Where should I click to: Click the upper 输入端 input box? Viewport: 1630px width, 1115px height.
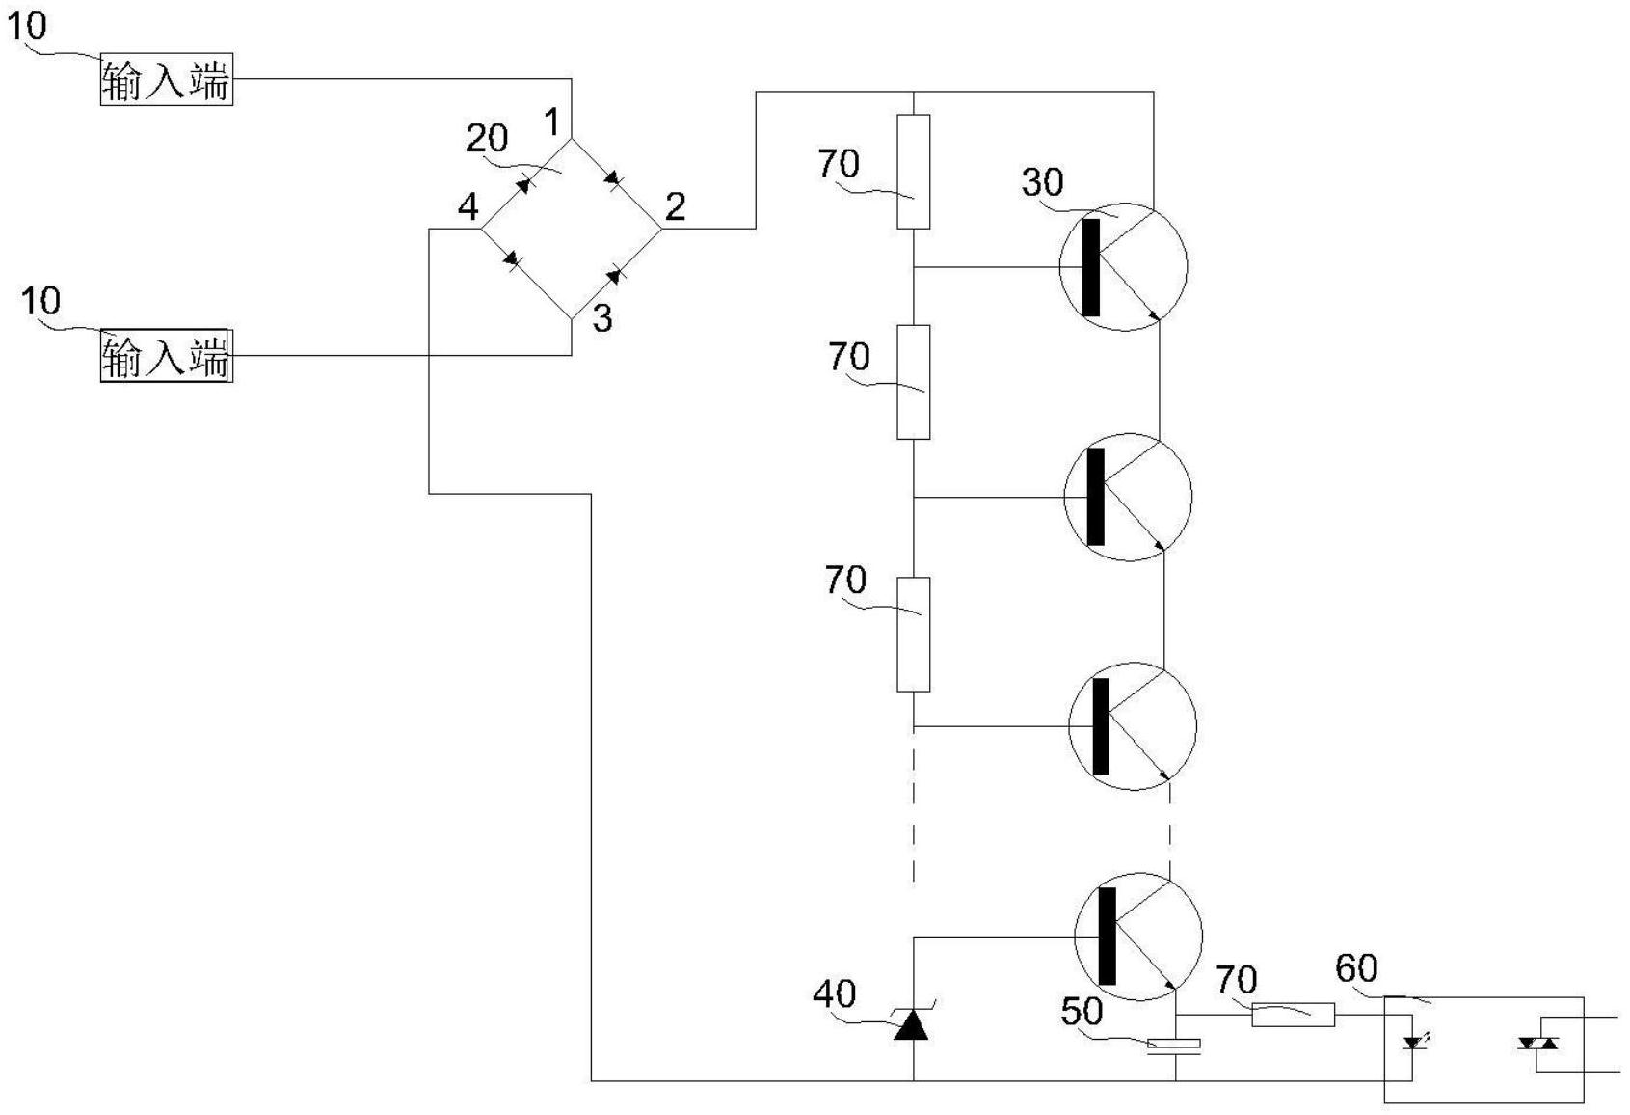(166, 80)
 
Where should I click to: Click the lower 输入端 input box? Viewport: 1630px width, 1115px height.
(166, 356)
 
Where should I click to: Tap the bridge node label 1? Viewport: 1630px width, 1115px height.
(551, 122)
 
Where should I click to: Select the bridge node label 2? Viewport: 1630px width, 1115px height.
(675, 205)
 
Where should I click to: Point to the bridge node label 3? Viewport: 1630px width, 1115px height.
(601, 318)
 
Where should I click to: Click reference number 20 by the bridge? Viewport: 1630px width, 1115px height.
(487, 139)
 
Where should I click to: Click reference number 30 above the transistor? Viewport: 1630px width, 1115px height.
(1042, 181)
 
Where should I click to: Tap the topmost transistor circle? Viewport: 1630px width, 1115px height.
(1123, 267)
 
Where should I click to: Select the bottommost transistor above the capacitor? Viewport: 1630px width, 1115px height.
(1138, 935)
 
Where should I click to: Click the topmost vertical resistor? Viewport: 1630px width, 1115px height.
(913, 172)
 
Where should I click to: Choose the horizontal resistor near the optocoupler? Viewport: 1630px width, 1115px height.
(1293, 1015)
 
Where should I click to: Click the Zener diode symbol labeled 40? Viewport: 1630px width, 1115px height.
(912, 1026)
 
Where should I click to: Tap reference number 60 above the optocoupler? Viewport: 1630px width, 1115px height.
(1356, 968)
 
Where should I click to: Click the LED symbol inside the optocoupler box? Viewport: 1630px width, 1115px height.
(1414, 1042)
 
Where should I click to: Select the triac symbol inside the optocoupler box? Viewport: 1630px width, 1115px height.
(1538, 1043)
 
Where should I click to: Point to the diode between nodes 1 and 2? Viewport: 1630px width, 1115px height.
(613, 179)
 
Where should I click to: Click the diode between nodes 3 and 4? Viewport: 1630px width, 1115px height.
(512, 258)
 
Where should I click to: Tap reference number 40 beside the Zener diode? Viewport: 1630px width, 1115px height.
(834, 993)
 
